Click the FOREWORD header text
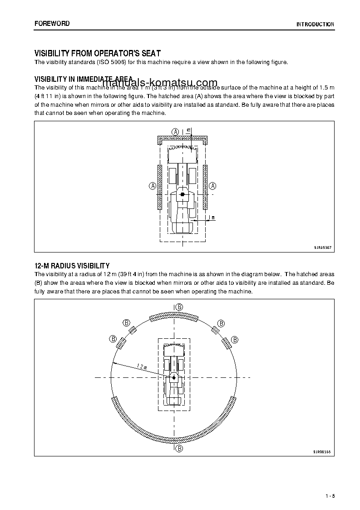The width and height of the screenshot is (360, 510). [x=52, y=23]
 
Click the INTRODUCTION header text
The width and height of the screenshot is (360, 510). [x=315, y=25]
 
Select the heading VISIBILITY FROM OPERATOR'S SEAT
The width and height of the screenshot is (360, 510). [x=98, y=53]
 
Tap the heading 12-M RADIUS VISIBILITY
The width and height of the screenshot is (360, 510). [x=72, y=265]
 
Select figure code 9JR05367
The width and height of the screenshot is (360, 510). [x=322, y=248]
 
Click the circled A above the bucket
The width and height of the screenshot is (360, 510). [x=175, y=131]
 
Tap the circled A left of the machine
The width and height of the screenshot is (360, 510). [x=153, y=186]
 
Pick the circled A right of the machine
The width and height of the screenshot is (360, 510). [x=212, y=186]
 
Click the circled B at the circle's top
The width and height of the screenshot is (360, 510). [x=179, y=307]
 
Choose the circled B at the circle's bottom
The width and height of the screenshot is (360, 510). [x=179, y=448]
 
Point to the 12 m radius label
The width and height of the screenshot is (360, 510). [x=141, y=366]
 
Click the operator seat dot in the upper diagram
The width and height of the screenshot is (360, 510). [x=182, y=194]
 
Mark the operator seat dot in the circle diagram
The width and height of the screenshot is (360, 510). [x=173, y=377]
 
